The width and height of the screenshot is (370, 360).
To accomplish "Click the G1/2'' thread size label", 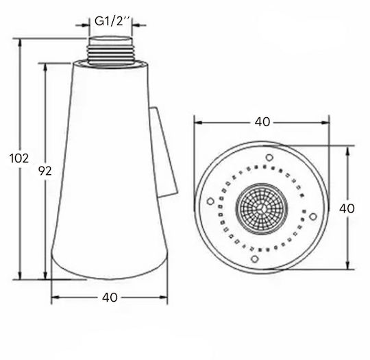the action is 112,21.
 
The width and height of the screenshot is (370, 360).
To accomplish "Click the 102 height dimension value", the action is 19,158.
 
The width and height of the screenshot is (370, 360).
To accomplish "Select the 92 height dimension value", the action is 45,171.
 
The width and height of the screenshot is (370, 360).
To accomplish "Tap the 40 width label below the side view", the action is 110,298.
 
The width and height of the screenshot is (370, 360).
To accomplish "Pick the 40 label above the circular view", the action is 262,122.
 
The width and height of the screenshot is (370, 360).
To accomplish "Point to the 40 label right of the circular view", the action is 347,208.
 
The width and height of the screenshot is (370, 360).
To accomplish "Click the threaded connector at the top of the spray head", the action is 110,50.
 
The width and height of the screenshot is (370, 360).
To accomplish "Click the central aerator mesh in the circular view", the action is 262,209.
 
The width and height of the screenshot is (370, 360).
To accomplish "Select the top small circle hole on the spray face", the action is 269,157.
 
